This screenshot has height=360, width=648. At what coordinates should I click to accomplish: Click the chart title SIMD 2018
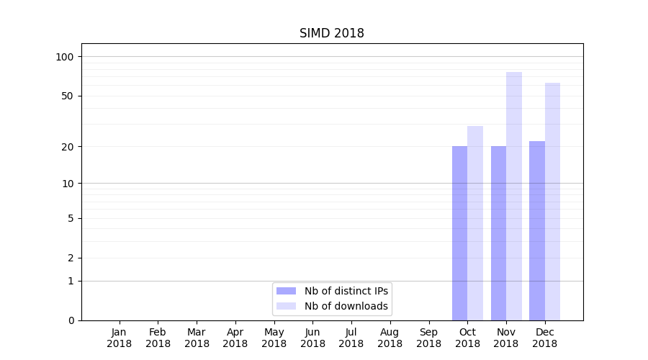(332, 34)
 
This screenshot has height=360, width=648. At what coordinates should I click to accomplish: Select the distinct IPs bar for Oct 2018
(459, 233)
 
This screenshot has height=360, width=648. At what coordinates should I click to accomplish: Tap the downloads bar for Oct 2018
(475, 223)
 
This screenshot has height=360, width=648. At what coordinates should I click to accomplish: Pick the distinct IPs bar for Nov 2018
(498, 233)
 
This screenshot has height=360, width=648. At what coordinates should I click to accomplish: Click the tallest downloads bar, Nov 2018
(514, 196)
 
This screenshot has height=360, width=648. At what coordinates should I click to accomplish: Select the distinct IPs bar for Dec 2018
(537, 230)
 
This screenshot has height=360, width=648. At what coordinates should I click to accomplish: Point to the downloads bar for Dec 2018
(553, 202)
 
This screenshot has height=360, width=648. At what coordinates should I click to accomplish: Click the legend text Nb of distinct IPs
(346, 291)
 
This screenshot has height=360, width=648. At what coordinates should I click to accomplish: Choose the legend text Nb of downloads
(346, 306)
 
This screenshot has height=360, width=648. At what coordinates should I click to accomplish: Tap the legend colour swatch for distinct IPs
(287, 291)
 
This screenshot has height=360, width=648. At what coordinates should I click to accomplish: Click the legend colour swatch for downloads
(287, 306)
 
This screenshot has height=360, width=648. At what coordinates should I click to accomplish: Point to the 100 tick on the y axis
(66, 57)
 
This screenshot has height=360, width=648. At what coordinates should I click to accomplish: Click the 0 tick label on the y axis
(71, 320)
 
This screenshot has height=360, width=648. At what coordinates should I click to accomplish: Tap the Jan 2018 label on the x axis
(120, 338)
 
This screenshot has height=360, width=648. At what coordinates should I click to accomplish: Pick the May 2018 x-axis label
(274, 338)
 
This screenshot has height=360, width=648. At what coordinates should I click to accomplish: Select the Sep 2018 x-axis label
(428, 338)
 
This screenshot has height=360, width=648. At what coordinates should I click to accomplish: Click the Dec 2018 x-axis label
(545, 338)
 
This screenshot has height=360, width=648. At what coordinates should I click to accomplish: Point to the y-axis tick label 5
(71, 218)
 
